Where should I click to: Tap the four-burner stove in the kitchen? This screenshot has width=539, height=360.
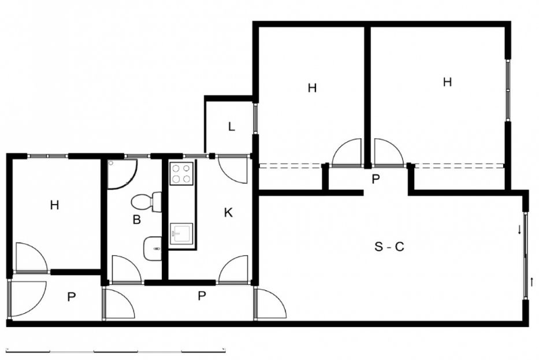pos(181,173)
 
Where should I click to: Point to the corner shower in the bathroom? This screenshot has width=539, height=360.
pos(122,174)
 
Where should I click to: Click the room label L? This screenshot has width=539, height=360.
pos(231,127)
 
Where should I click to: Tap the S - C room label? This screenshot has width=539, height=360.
pos(389,247)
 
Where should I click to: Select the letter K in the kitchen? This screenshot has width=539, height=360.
pos(228,213)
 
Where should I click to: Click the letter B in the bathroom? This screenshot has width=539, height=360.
pos(136,220)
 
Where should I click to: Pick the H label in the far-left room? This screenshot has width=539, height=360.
pos(54,205)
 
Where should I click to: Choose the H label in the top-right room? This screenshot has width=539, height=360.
pos(447,82)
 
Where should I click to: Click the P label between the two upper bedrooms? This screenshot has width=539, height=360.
pos(376,179)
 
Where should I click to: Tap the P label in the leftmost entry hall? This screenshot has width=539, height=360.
pos(71,297)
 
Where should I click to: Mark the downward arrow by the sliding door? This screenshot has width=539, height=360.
pos(519,229)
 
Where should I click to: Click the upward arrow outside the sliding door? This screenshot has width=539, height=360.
pos(532,282)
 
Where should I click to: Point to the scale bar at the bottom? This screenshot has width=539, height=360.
pos(116,351)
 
